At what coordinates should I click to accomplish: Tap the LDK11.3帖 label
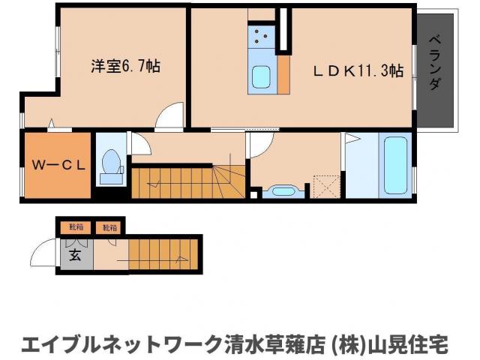click(x=358, y=71)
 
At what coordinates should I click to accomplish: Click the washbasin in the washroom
click(x=283, y=190)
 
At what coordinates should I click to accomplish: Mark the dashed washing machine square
click(x=326, y=184)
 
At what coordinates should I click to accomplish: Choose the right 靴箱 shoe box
click(x=109, y=226)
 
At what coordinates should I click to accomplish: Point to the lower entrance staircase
click(x=164, y=255)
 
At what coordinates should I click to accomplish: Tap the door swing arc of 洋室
click(x=169, y=118)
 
